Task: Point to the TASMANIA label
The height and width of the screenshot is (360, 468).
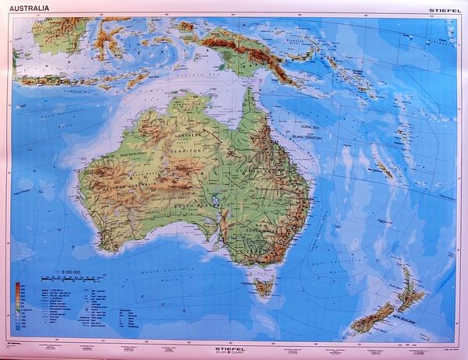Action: point(250,284)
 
